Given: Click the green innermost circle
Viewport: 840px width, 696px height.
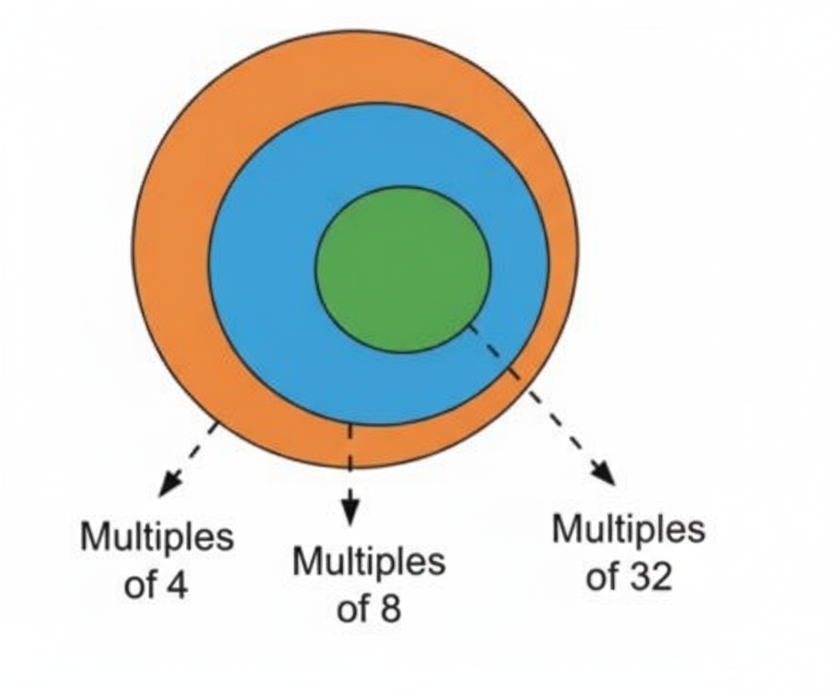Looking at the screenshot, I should click(403, 268).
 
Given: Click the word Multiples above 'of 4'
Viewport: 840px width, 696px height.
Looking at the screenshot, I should click(157, 537).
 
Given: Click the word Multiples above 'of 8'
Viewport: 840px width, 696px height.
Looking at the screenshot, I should click(368, 561).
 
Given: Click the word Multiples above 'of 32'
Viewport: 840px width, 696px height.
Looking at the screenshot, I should click(628, 529).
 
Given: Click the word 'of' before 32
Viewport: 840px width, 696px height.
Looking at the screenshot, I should click(601, 577).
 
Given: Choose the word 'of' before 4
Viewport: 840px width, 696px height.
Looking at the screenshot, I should click(139, 586).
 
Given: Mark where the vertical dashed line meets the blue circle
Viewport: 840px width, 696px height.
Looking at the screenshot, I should click(349, 424).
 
